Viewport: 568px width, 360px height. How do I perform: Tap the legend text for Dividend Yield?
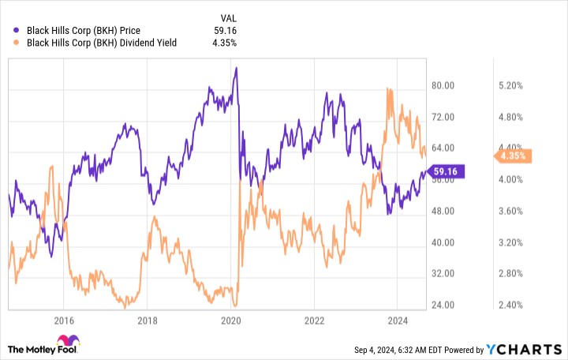pyautogui.click(x=103, y=44)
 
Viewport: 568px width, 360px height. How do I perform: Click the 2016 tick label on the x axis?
pyautogui.click(x=64, y=320)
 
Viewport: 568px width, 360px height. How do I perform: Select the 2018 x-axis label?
pyautogui.click(x=147, y=320)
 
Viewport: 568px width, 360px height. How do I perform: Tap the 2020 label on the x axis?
pyautogui.click(x=230, y=320)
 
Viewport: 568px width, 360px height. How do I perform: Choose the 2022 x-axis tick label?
pyautogui.click(x=314, y=320)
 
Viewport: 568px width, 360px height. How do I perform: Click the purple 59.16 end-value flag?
pyautogui.click(x=450, y=171)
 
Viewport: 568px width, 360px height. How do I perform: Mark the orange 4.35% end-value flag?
pyautogui.click(x=514, y=156)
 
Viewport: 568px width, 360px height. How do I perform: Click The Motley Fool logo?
pyautogui.click(x=43, y=347)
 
